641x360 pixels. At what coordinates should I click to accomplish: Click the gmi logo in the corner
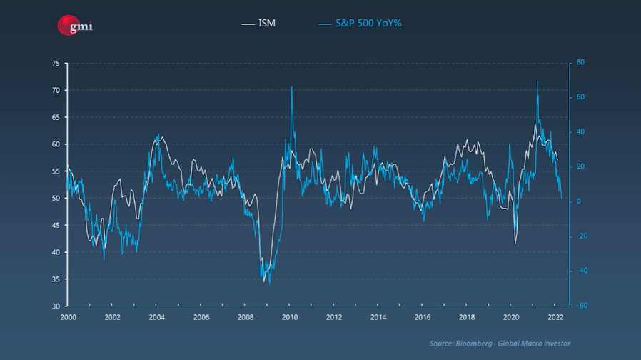[x=75, y=26]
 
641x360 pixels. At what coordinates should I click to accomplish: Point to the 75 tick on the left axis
[x=56, y=64]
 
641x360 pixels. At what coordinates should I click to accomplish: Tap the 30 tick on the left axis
[x=56, y=306]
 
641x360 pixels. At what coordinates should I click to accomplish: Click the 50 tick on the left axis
[x=56, y=198]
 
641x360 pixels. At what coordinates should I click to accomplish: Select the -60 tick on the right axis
[x=582, y=306]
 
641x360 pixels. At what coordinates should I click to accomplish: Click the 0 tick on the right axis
[x=579, y=201]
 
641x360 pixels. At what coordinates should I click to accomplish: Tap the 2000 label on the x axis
[x=68, y=316]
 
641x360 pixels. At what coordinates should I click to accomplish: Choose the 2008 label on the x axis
[x=245, y=316]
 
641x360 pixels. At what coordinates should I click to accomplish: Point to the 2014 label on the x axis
[x=378, y=316]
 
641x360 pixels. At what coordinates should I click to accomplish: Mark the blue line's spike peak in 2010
[x=291, y=87]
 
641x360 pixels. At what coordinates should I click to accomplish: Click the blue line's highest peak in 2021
[x=537, y=81]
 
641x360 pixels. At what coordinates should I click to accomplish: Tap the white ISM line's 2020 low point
[x=515, y=244]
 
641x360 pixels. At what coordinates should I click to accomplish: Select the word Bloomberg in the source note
[x=472, y=344]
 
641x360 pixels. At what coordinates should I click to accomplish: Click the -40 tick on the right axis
[x=582, y=271]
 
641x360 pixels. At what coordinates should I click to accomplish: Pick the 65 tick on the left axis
[x=56, y=117]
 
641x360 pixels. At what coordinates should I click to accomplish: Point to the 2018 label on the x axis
[x=467, y=316]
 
